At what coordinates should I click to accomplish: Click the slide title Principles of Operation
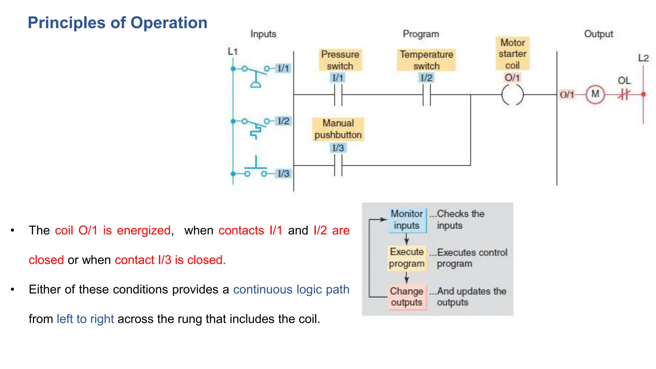pyautogui.click(x=118, y=23)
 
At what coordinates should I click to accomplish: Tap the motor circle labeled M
pyautogui.click(x=595, y=94)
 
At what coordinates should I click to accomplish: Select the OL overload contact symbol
pyautogui.click(x=624, y=94)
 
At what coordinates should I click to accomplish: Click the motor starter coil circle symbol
pyautogui.click(x=512, y=95)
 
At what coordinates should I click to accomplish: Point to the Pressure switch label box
pyautogui.click(x=340, y=60)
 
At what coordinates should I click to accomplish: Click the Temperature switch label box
pyautogui.click(x=426, y=60)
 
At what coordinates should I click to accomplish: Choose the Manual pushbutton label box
pyautogui.click(x=338, y=129)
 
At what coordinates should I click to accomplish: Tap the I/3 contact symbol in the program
pyautogui.click(x=338, y=166)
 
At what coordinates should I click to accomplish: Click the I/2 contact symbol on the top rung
pyautogui.click(x=426, y=95)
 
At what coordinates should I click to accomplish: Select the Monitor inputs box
pyautogui.click(x=406, y=220)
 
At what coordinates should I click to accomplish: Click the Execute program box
pyautogui.click(x=406, y=258)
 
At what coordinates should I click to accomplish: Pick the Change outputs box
pyautogui.click(x=406, y=297)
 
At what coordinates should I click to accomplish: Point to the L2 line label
pyautogui.click(x=643, y=58)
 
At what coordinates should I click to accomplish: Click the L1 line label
pyautogui.click(x=233, y=51)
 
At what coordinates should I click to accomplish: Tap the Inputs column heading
pyautogui.click(x=263, y=34)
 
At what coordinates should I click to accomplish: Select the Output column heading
pyautogui.click(x=598, y=34)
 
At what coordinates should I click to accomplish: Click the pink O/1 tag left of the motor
pyautogui.click(x=567, y=94)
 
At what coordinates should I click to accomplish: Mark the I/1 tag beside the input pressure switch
pyautogui.click(x=283, y=68)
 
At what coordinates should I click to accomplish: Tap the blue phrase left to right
pyautogui.click(x=85, y=319)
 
